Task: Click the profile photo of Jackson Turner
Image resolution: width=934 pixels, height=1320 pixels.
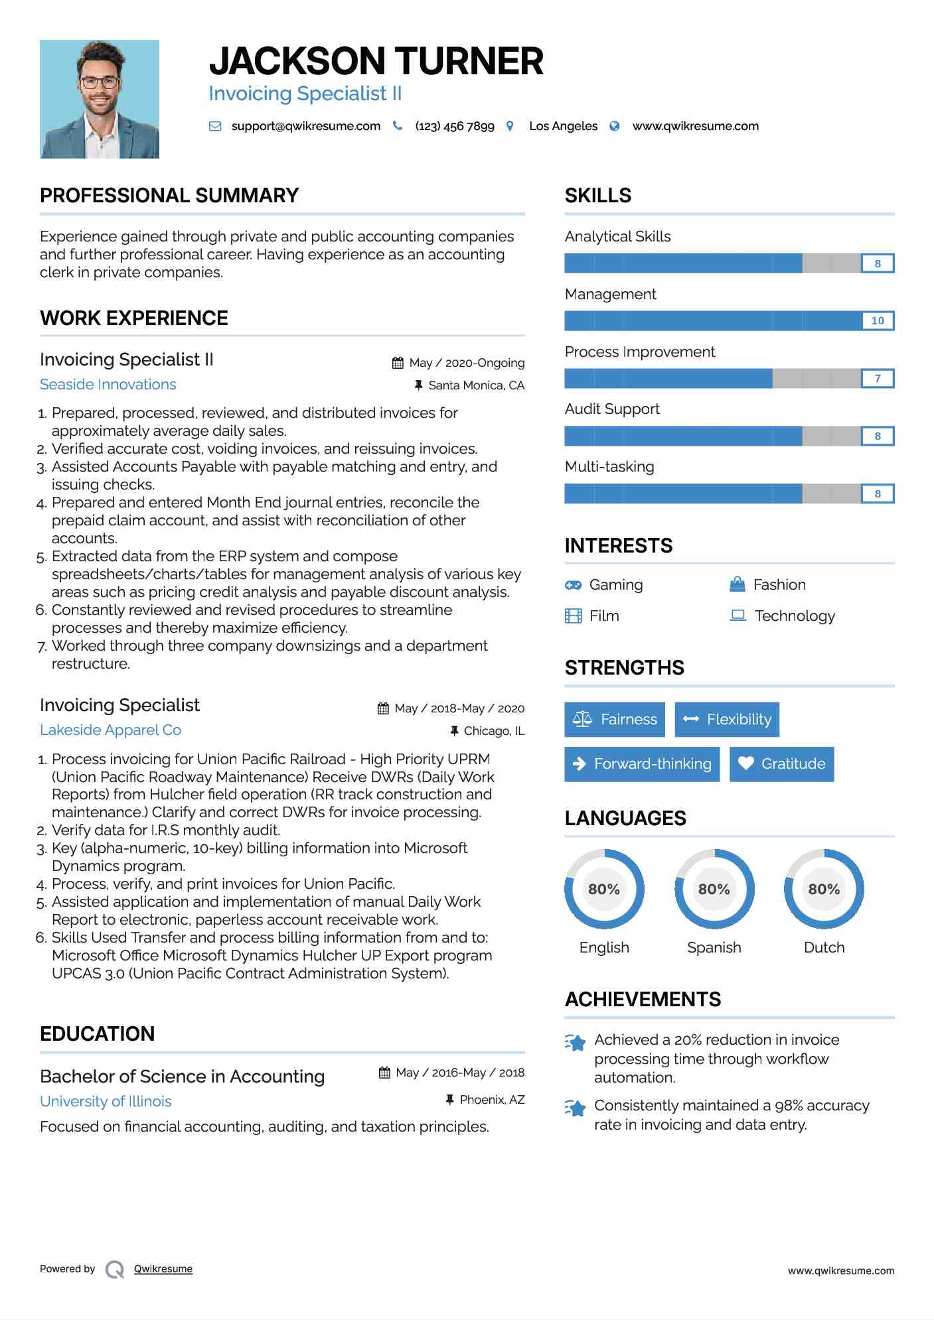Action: point(100,99)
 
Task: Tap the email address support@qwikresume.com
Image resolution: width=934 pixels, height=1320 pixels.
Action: point(305,126)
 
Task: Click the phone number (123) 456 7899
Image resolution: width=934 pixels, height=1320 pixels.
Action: point(454,126)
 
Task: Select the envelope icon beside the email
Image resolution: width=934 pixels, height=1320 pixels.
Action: point(215,126)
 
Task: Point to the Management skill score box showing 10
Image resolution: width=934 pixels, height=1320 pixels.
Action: point(877,321)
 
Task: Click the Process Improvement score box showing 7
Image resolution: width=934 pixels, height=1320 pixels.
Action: point(877,379)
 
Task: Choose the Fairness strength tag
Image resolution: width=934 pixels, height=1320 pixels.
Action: point(615,720)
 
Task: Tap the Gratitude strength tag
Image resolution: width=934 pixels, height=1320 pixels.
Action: point(781,764)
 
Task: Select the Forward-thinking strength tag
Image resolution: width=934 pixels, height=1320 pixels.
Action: point(642,764)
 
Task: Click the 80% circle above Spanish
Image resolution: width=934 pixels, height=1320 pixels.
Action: point(714,889)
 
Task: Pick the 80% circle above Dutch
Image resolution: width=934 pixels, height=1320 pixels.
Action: point(824,889)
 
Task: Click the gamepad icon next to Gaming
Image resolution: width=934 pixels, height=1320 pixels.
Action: point(573,585)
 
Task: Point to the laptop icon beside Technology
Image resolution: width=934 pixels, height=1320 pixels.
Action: point(738,616)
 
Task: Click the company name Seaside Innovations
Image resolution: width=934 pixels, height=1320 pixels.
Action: point(108,385)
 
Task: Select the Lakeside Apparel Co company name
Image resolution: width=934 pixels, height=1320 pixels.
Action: point(110,730)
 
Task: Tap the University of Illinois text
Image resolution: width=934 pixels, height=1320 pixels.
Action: point(106,1102)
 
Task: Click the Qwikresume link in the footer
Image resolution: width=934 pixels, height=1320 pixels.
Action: point(163,1269)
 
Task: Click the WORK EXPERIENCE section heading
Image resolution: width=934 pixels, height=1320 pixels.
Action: point(134,318)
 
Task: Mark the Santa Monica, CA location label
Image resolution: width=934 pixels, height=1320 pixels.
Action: point(476,385)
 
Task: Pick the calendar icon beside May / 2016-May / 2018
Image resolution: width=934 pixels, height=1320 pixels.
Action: point(384,1073)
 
